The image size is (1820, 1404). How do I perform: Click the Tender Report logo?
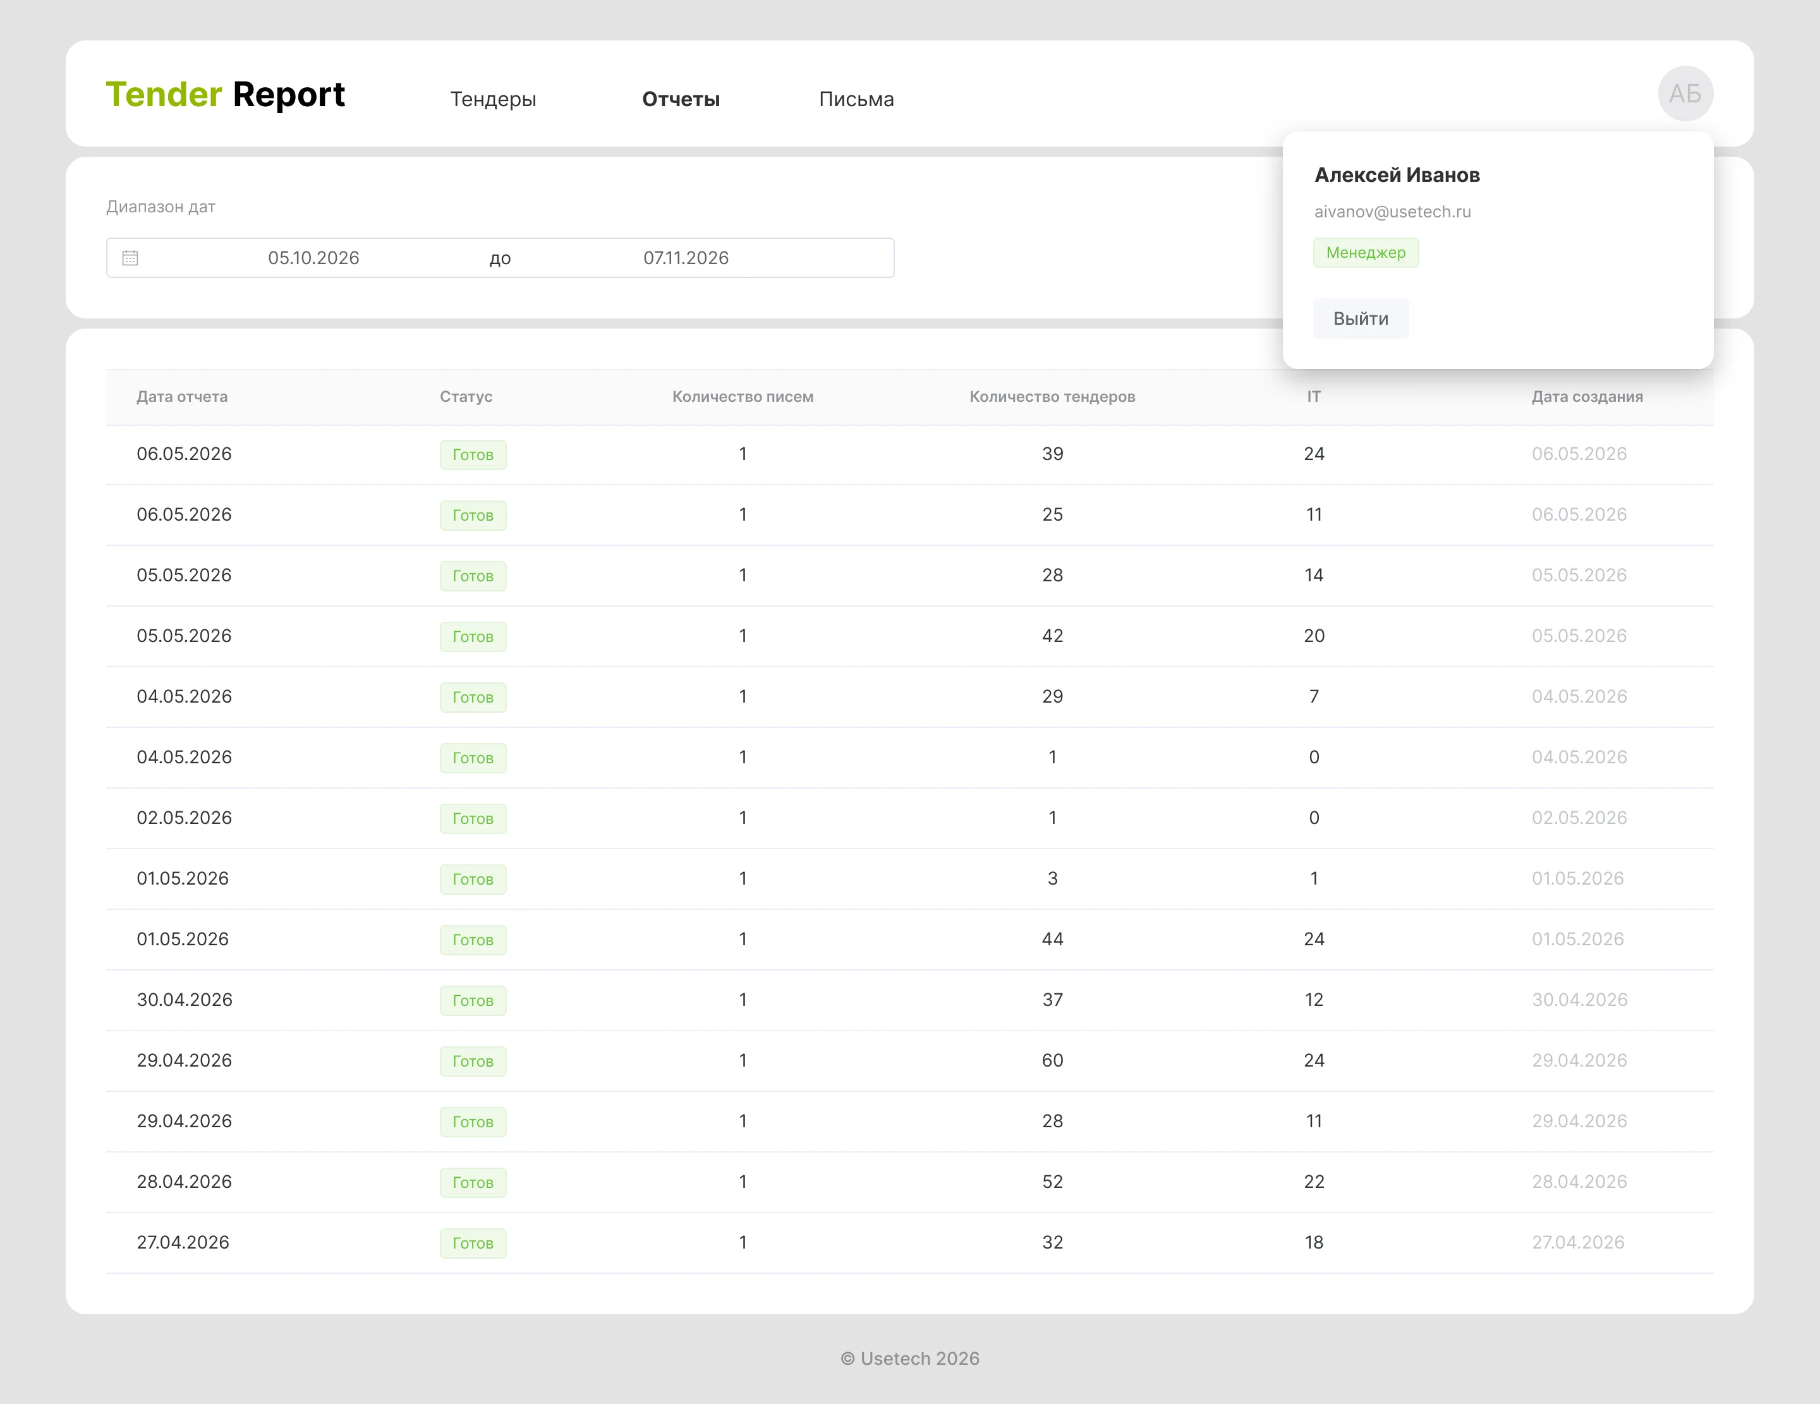coord(225,94)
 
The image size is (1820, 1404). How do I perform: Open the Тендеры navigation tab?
coord(494,99)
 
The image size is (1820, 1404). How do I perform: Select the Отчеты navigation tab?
coord(681,99)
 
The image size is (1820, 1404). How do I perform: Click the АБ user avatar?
coord(1685,94)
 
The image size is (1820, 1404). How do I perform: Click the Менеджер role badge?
coord(1366,253)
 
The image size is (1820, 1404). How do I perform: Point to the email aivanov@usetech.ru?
coord(1393,212)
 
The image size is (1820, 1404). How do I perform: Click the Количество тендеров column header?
coord(1052,397)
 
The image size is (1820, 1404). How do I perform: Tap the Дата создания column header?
coord(1587,397)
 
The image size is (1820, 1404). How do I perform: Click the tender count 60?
coord(1052,1060)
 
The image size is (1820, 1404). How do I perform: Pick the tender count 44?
coord(1052,939)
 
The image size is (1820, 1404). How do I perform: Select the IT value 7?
coord(1314,696)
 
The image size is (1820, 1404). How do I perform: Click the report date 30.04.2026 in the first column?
coord(184,1000)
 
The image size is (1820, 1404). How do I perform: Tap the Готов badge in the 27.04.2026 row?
coord(473,1243)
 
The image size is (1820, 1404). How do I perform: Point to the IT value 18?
coord(1314,1242)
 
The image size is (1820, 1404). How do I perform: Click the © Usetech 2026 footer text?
coord(910,1358)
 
